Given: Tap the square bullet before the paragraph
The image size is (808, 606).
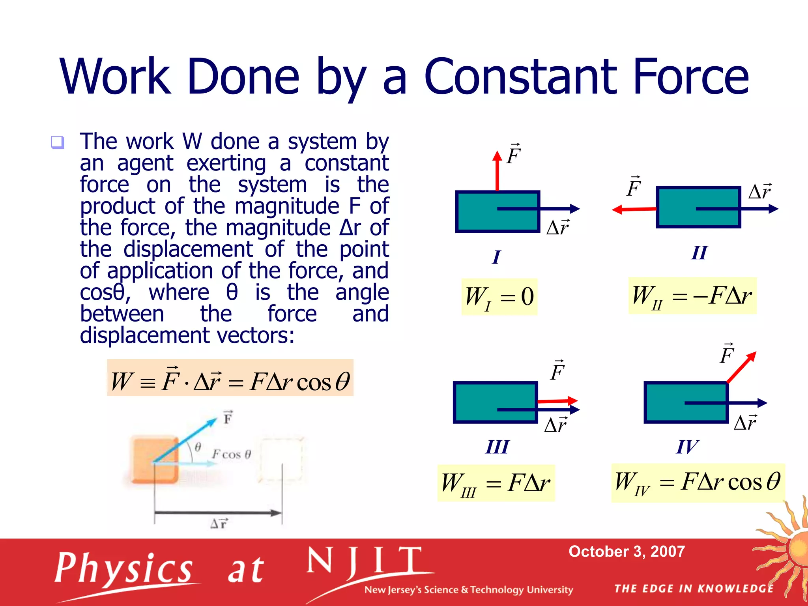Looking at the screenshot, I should pyautogui.click(x=58, y=142).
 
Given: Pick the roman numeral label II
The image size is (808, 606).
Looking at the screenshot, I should pyautogui.click(x=699, y=252).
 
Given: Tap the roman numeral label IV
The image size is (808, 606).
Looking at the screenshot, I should pyautogui.click(x=687, y=447).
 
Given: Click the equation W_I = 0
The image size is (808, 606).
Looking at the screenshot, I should pyautogui.click(x=499, y=297).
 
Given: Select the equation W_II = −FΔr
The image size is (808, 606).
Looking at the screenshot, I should pyautogui.click(x=692, y=296).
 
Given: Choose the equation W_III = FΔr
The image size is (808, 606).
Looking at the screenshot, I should pyautogui.click(x=496, y=483).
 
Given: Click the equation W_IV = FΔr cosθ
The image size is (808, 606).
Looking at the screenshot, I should pyautogui.click(x=697, y=483).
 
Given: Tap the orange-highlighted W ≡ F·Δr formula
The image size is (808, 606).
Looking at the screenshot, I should pyautogui.click(x=230, y=378).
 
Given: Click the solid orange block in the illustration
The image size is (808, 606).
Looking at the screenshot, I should pyautogui.click(x=154, y=460).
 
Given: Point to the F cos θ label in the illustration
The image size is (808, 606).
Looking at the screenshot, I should pyautogui.click(x=232, y=454).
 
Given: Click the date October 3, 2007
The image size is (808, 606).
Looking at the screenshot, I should pyautogui.click(x=627, y=552).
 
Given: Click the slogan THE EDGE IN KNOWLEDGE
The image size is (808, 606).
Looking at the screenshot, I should pyautogui.click(x=694, y=589).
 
